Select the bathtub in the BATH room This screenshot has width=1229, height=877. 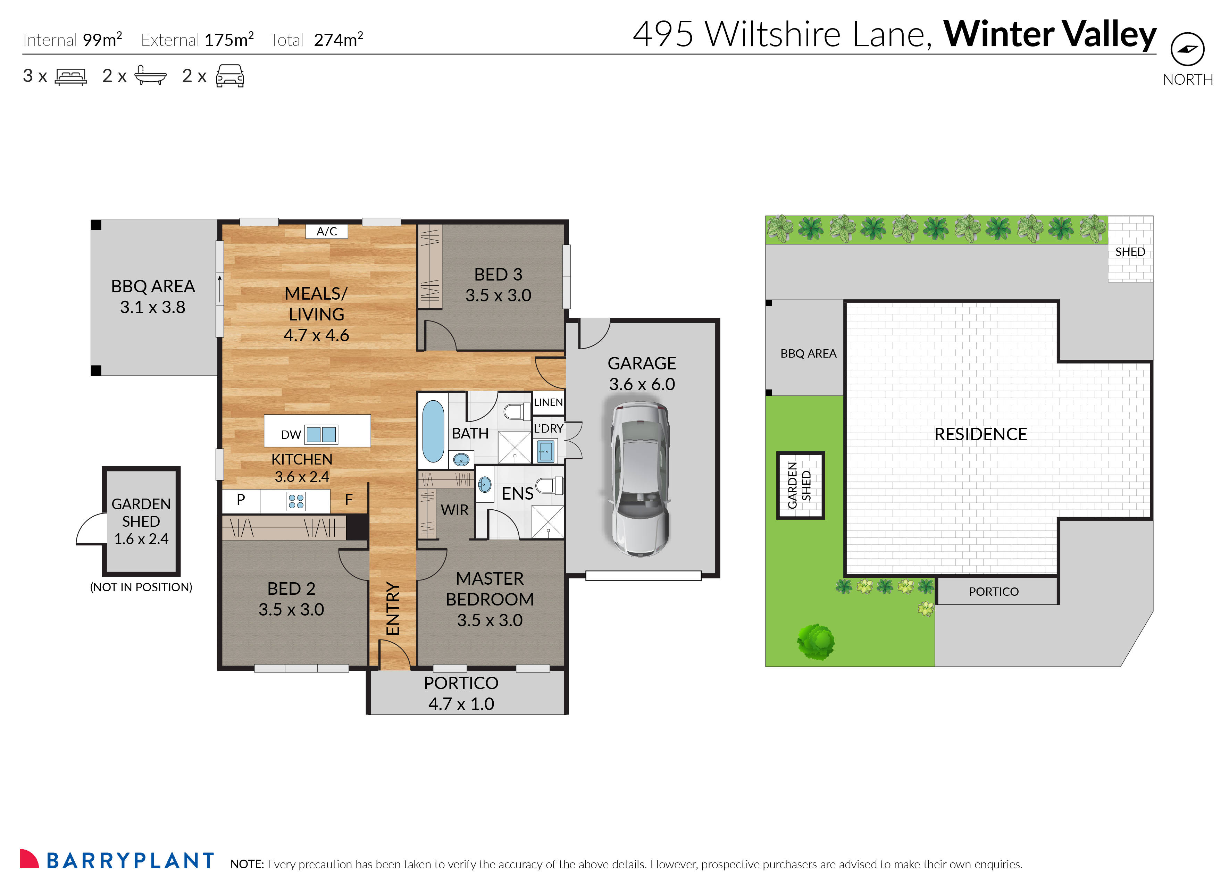click(433, 431)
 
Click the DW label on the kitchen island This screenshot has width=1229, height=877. click(291, 435)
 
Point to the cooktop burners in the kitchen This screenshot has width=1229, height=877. click(296, 501)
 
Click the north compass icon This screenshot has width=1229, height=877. click(1187, 50)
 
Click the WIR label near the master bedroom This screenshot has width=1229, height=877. click(454, 510)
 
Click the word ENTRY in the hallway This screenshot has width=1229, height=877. click(393, 609)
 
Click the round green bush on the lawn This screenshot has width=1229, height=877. click(816, 642)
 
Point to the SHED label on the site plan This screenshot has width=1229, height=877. click(1130, 252)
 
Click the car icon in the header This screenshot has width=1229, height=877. click(230, 76)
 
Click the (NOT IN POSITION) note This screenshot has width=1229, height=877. click(141, 587)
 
